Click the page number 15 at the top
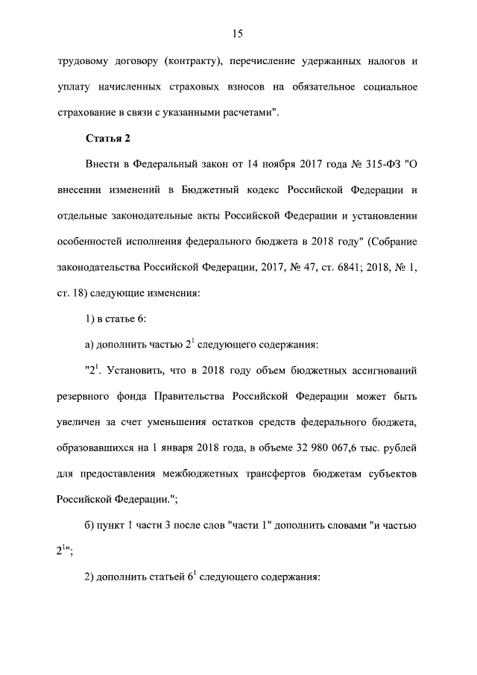[238, 33]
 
